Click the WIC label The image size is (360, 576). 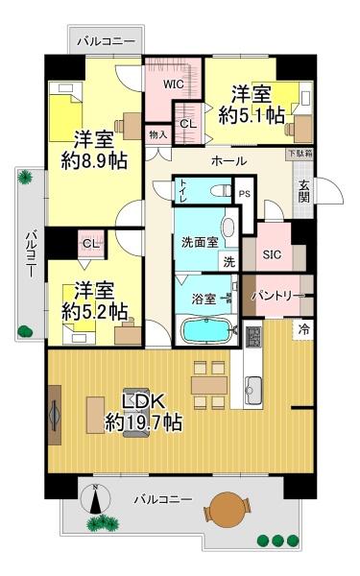click(174, 84)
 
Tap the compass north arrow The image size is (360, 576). click(95, 498)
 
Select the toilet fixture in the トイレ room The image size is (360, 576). click(221, 191)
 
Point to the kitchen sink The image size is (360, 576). click(253, 389)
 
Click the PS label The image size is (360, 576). click(245, 194)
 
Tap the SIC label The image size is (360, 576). click(272, 254)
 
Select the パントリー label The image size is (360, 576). click(278, 296)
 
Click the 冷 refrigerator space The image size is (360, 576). click(303, 329)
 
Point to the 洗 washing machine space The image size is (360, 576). click(228, 262)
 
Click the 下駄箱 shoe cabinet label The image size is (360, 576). click(300, 154)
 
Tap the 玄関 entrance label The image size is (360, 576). click(303, 192)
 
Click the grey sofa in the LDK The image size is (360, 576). click(136, 413)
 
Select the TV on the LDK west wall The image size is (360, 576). click(55, 415)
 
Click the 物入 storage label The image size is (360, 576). click(158, 134)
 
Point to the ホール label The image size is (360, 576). click(228, 161)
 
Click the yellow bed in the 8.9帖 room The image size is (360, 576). click(65, 117)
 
